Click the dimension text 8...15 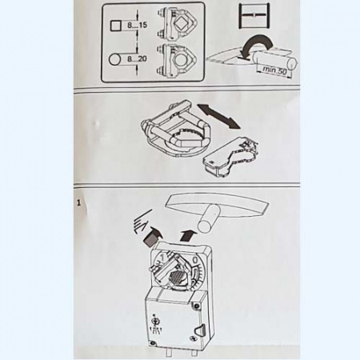(x=137, y=26)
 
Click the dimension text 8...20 (x=137, y=58)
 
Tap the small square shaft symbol (x=116, y=26)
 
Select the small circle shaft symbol (x=115, y=59)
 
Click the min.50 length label (x=274, y=70)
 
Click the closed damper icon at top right (x=254, y=15)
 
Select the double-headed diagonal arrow (x=218, y=117)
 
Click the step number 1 (x=78, y=203)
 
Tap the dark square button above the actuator (x=150, y=238)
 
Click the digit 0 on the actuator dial (x=195, y=259)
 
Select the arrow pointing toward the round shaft (x=188, y=235)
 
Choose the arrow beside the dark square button (x=155, y=231)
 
